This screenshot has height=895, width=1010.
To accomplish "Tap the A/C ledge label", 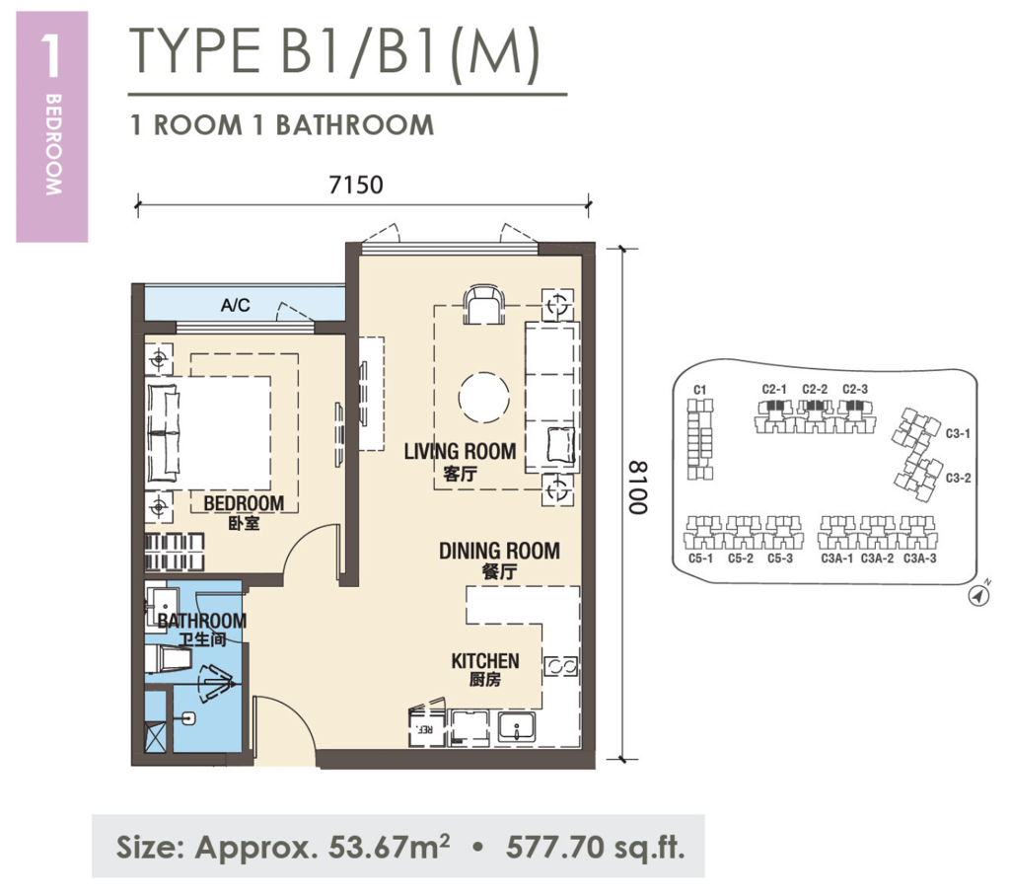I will [235, 306].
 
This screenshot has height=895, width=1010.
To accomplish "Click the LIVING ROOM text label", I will [460, 452].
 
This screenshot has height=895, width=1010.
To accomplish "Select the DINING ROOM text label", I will [499, 551].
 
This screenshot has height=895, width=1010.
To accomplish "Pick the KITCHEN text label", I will [484, 660].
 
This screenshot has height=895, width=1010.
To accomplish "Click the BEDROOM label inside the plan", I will [244, 504].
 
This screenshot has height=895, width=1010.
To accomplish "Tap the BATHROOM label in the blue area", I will [201, 621].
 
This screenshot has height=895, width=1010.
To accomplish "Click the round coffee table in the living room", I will [484, 398].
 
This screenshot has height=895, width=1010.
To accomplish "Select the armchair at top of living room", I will [484, 304].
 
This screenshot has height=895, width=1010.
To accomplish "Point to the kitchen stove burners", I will [559, 666].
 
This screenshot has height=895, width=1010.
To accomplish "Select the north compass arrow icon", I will [978, 596].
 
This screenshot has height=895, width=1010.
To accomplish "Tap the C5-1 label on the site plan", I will [701, 559].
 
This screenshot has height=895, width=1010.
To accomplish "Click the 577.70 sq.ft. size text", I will [595, 846].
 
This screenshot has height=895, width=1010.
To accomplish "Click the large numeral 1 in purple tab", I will [51, 57].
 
